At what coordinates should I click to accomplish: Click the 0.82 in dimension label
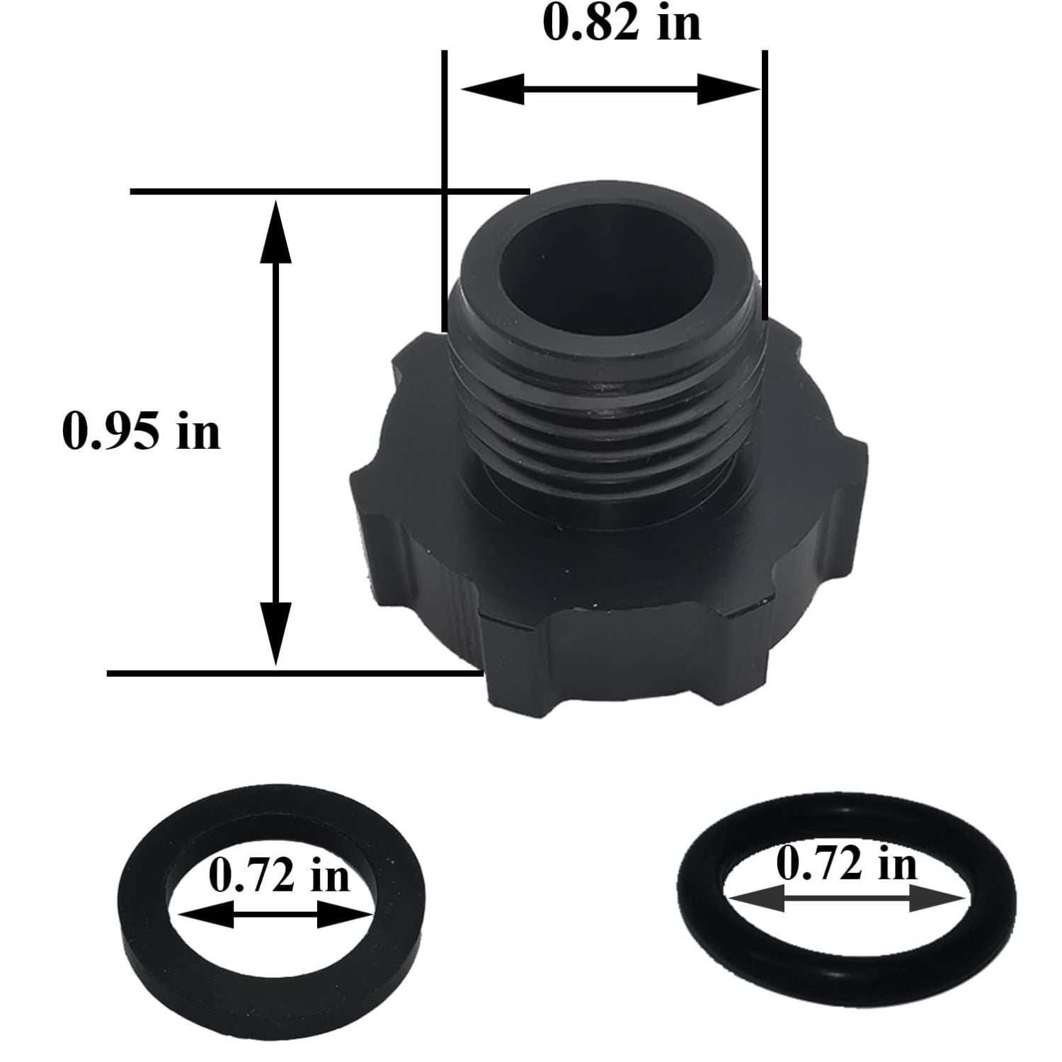tap(622, 23)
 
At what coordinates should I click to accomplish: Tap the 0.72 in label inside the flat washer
tap(279, 876)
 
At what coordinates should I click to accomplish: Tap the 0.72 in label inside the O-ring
tap(846, 863)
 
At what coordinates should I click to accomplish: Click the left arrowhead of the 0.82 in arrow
tap(492, 89)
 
